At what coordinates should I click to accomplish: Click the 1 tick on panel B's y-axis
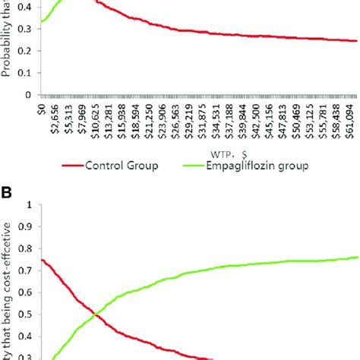coord(29,205)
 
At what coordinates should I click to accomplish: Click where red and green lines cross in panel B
coord(94,314)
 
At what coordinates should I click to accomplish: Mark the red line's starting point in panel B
coord(41,260)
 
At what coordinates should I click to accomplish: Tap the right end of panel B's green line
coord(358,257)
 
